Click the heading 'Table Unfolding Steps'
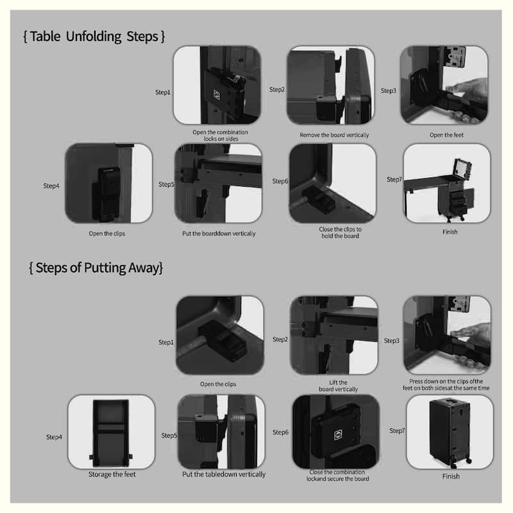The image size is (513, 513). click(94, 36)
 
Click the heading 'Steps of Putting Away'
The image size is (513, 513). click(96, 267)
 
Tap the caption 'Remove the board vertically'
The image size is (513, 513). click(334, 135)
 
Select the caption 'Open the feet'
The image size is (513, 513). click(446, 135)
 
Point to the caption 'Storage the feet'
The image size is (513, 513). click(112, 475)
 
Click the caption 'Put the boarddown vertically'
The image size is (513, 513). click(219, 233)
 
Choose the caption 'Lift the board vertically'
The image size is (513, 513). click(334, 385)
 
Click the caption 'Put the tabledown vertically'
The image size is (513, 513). click(223, 475)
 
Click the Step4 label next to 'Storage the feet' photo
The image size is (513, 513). click(54, 437)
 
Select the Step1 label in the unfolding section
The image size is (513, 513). click(163, 92)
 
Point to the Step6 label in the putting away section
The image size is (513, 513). click(280, 432)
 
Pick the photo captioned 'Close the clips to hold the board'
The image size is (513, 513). click(332, 183)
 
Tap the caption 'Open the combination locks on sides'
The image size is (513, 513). click(220, 136)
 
